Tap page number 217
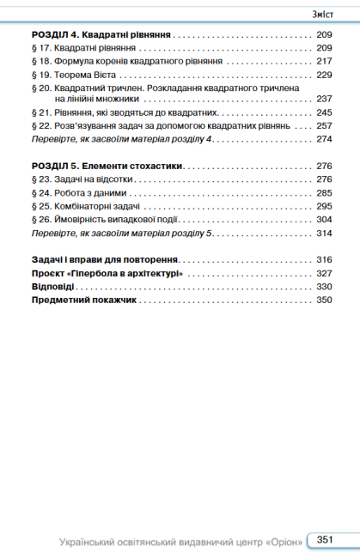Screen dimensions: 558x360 (323, 62)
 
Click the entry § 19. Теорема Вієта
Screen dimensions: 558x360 (73, 75)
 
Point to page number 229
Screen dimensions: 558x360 (323, 75)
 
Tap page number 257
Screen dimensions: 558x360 (323, 125)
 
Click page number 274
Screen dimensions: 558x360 (323, 138)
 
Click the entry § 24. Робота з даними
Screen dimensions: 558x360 (82, 193)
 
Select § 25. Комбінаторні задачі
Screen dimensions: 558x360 (85, 206)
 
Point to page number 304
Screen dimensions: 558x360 (323, 220)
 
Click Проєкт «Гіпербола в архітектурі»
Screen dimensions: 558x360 (107, 272)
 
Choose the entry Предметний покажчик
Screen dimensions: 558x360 (83, 300)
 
